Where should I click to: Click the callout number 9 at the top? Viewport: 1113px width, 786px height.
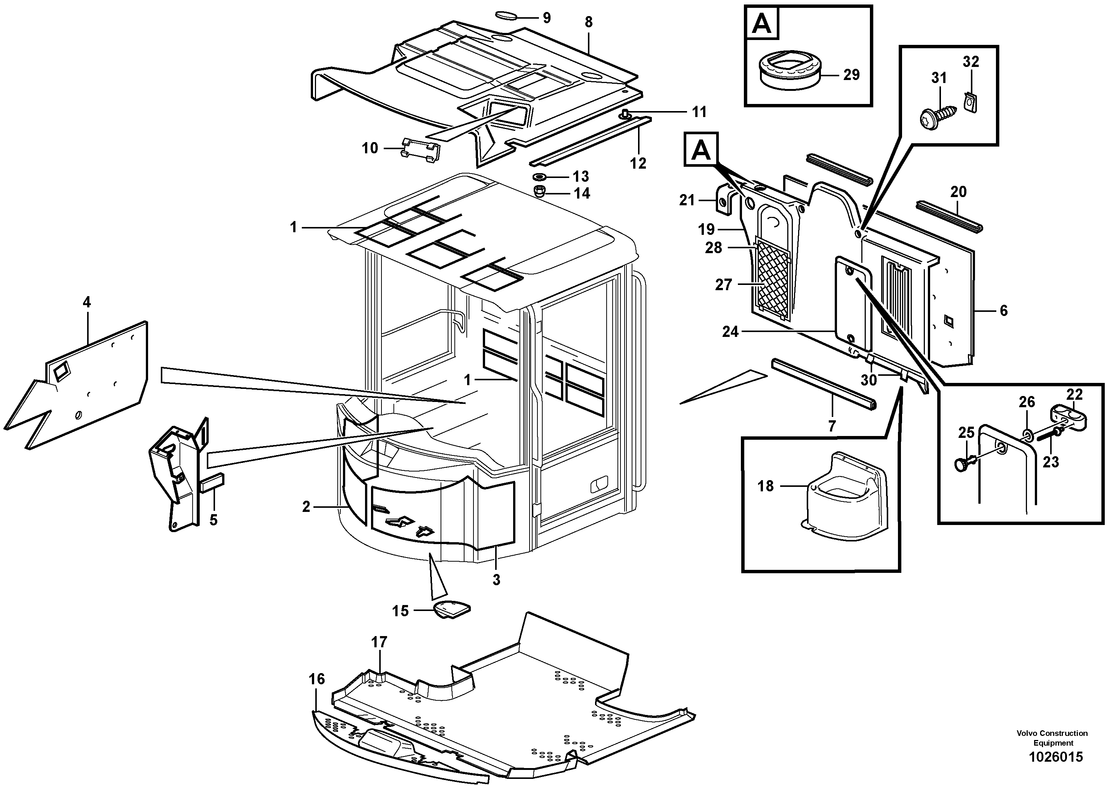click(546, 18)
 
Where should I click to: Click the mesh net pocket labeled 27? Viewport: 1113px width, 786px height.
click(773, 280)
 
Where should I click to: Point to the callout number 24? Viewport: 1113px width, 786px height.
click(730, 332)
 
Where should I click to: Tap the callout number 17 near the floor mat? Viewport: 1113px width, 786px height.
click(379, 642)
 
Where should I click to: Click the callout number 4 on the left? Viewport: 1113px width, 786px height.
click(86, 303)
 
